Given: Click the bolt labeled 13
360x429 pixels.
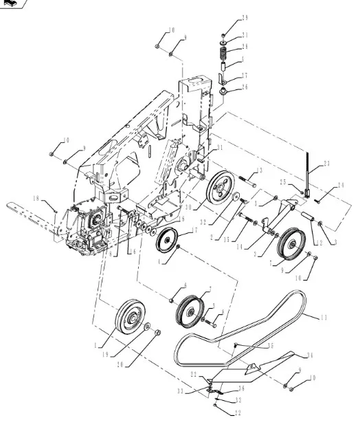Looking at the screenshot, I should (248, 182).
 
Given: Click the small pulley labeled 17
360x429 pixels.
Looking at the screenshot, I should (166, 243).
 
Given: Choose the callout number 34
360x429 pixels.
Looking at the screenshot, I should (310, 355).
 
